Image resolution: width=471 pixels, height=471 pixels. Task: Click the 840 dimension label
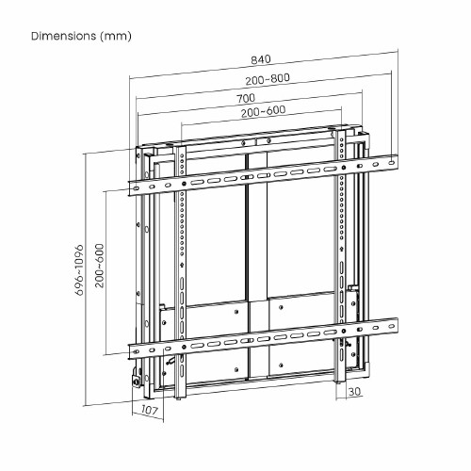tap(261, 59)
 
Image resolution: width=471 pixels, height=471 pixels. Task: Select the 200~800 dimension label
tap(268, 79)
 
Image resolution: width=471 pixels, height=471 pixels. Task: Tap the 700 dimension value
tap(246, 98)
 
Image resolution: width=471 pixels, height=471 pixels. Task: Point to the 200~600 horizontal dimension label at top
tap(264, 111)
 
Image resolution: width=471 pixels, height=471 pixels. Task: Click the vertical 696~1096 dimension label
tap(79, 270)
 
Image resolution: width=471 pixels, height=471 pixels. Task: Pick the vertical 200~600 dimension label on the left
tap(100, 266)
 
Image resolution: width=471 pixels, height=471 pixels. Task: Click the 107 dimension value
tap(149, 410)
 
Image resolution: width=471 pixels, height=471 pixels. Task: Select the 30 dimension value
tap(354, 392)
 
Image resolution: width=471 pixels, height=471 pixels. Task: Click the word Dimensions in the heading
tap(64, 36)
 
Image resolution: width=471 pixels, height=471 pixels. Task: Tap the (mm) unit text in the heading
tap(115, 37)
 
